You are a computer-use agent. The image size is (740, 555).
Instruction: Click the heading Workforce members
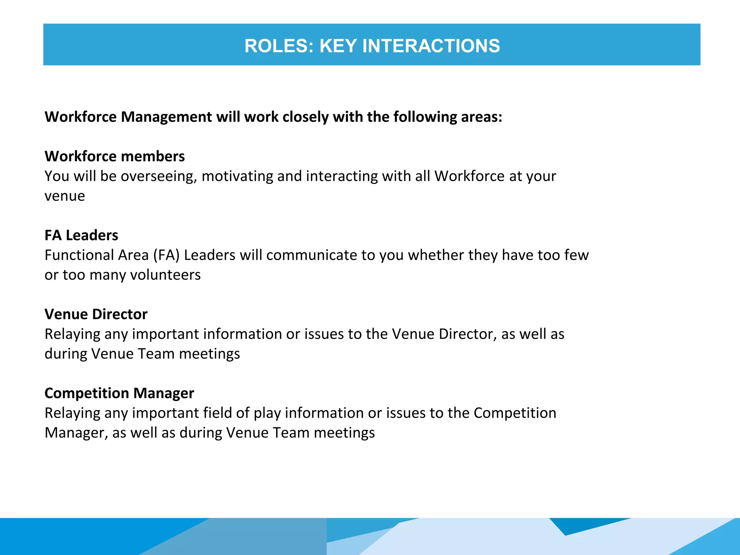point(115,156)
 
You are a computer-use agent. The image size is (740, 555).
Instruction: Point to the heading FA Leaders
point(81,235)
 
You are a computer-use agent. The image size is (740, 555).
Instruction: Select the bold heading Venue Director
point(96,314)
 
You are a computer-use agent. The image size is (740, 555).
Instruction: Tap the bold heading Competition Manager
point(119,393)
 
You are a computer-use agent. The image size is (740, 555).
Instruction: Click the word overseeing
point(159,176)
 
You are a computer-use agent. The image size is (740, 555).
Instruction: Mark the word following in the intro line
point(425,117)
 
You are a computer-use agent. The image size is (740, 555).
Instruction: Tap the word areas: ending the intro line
point(482,117)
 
